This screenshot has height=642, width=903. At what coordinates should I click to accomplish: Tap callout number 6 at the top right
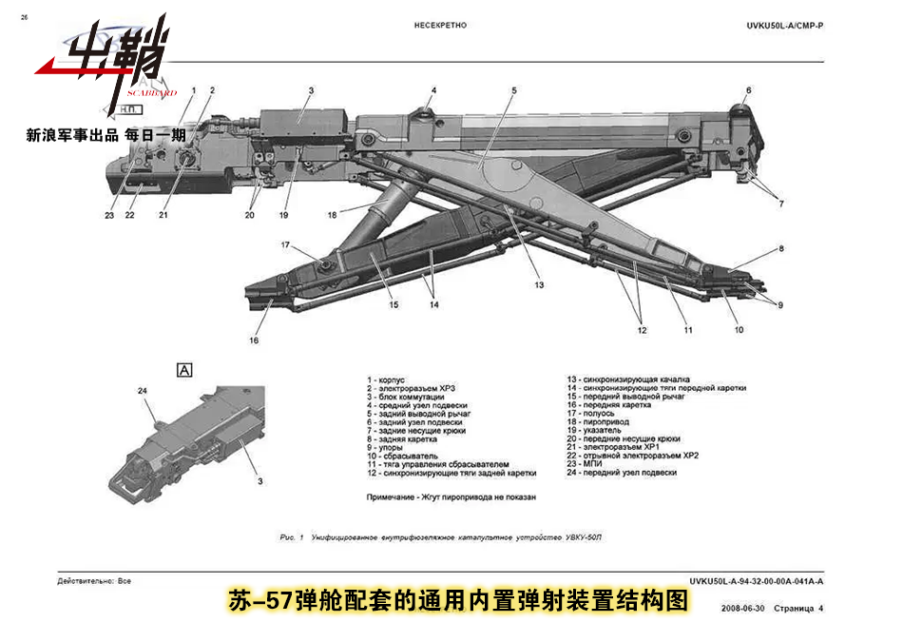tap(748, 90)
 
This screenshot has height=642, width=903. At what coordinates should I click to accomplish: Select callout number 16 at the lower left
tap(254, 340)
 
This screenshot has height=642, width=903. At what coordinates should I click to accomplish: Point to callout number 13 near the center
tap(538, 284)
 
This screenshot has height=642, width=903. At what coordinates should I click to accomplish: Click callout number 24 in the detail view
tap(144, 390)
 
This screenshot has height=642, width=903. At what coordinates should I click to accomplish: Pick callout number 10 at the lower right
tap(739, 329)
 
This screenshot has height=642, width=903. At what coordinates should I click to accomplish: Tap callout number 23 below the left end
tap(109, 216)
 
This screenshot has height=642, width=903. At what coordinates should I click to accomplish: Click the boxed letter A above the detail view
tap(184, 370)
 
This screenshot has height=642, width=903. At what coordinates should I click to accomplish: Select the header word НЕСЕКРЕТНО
tap(440, 26)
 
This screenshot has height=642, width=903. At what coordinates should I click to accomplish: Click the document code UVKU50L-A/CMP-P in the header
tap(784, 26)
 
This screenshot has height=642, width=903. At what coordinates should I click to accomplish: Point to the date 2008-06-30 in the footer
tap(743, 608)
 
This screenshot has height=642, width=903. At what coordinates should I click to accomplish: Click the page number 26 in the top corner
tap(24, 17)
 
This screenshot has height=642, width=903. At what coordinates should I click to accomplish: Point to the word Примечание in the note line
tap(391, 497)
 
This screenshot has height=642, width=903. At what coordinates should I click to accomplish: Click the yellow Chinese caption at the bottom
tap(457, 601)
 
